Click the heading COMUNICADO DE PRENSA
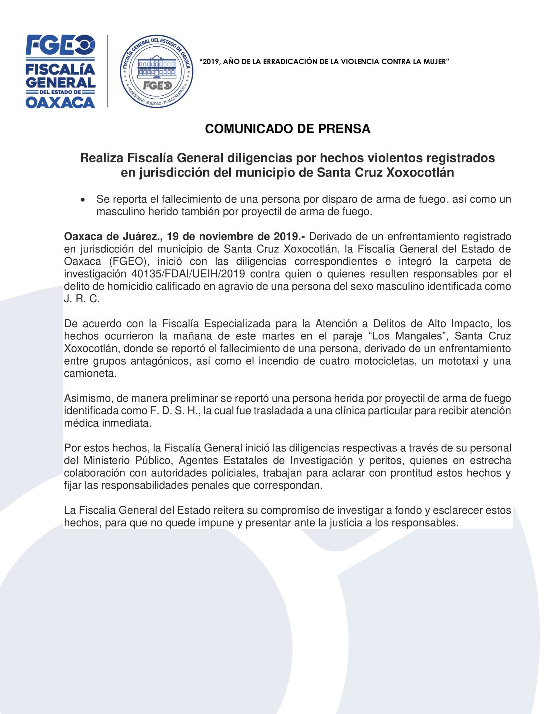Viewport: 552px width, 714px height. [287, 129]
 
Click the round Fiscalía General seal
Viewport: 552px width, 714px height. [156, 71]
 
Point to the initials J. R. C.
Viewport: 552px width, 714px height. [82, 299]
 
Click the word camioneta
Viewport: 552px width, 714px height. [90, 373]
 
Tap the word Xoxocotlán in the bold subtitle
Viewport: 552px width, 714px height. [420, 173]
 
